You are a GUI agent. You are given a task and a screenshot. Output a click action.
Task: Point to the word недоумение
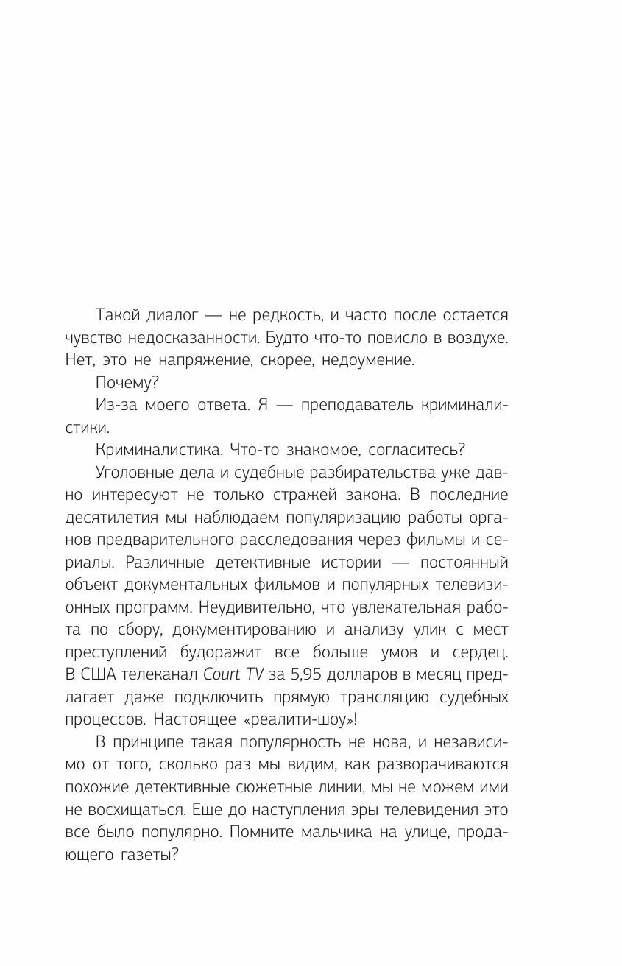pos(373,360)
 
